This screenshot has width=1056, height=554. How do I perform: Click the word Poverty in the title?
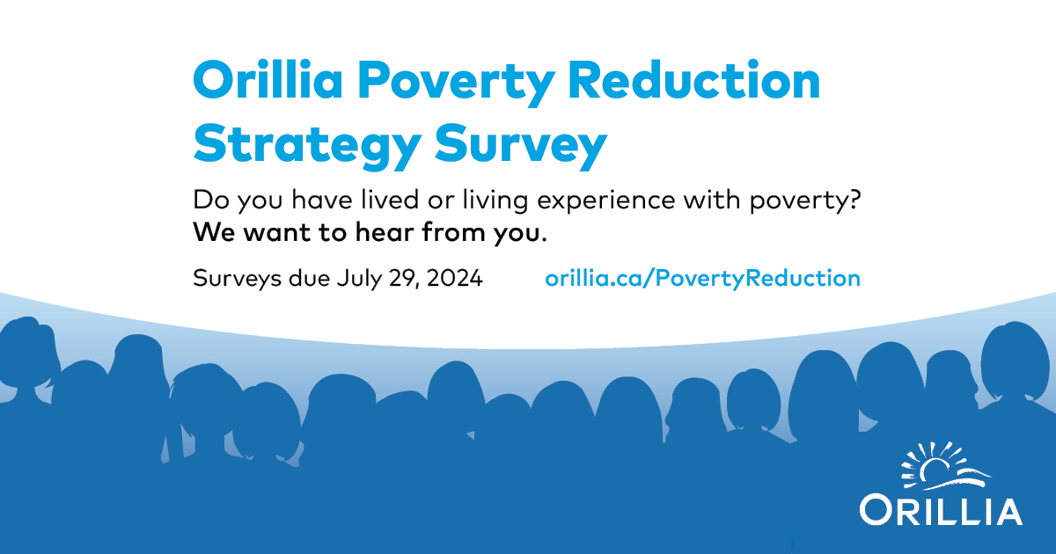456,83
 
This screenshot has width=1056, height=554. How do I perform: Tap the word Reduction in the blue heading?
694,79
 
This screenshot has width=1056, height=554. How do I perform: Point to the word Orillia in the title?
268,79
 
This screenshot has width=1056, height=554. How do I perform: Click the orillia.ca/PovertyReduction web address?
703,278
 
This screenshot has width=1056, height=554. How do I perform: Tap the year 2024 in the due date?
454,278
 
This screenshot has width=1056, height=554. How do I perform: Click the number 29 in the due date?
404,279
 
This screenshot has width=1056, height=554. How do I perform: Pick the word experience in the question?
606,201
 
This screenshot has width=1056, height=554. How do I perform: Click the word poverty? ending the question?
804,201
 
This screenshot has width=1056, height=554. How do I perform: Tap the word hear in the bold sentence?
385,232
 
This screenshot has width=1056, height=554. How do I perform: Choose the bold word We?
214,232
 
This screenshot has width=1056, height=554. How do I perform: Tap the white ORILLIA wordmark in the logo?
941,510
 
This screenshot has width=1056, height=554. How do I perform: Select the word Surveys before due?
238,279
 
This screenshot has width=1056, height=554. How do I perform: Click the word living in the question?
495,201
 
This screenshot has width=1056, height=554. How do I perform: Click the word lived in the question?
389,200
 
